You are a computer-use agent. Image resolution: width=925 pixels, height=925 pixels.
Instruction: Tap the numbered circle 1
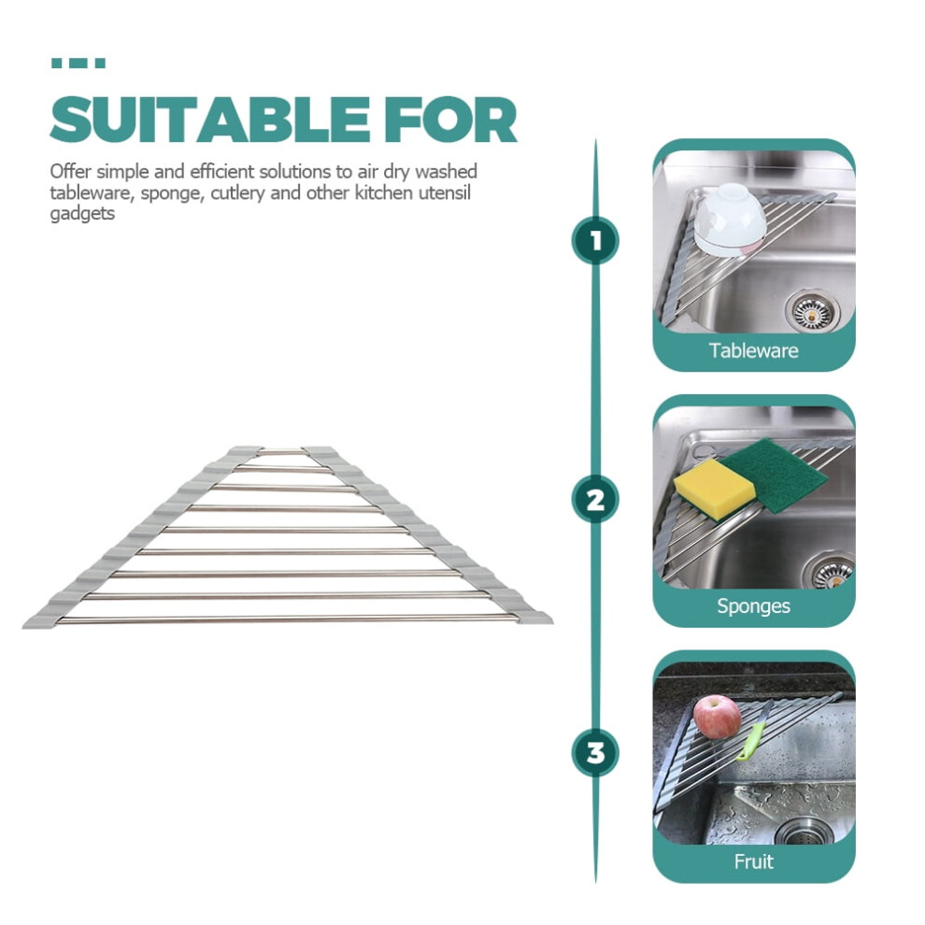pos(595,241)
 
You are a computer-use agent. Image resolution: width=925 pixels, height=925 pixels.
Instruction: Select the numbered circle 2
pos(595,499)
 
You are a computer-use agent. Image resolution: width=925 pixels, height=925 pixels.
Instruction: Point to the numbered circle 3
pos(595,753)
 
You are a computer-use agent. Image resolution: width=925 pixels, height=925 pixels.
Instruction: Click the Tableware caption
pos(753,350)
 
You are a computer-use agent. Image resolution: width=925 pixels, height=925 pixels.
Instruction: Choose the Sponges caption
pos(753,605)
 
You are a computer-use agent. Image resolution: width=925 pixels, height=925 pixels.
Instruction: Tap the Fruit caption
pos(753,861)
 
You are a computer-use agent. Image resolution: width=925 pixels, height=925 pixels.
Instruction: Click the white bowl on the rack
pos(729,220)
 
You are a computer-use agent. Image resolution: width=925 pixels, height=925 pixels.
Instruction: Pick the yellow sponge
pos(715,490)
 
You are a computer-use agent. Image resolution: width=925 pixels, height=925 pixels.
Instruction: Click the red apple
pos(717,716)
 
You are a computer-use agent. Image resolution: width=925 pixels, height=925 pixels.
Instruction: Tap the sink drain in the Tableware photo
pos(812,309)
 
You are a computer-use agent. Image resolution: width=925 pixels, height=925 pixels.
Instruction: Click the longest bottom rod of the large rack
pos(287,619)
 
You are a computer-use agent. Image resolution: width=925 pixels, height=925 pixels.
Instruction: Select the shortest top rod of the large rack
pos(282,452)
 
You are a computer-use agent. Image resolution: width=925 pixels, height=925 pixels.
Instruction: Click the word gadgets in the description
pos(82,214)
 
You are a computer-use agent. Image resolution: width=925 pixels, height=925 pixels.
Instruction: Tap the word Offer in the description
pos(70,171)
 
